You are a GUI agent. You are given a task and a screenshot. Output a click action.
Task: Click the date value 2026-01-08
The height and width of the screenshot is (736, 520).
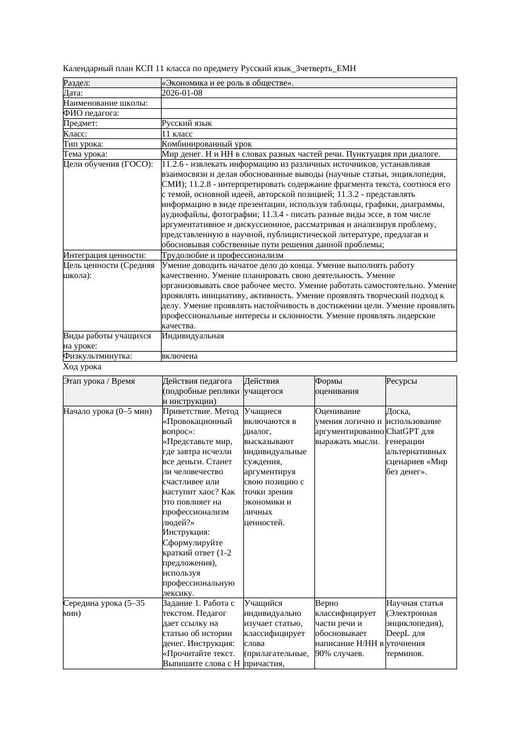click(x=182, y=93)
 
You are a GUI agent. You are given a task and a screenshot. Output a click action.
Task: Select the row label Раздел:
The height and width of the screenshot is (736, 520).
click(x=77, y=83)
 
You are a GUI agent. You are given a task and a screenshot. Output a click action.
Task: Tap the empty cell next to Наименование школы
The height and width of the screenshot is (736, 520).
click(x=308, y=103)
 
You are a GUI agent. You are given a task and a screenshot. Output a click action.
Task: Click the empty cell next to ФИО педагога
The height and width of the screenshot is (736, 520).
click(x=308, y=113)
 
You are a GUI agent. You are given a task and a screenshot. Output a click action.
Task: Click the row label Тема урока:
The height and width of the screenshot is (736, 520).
click(x=86, y=154)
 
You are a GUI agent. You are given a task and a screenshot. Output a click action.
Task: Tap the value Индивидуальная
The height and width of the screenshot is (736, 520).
click(x=192, y=336)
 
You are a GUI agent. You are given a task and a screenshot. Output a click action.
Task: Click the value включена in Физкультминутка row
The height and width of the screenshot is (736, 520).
click(x=179, y=356)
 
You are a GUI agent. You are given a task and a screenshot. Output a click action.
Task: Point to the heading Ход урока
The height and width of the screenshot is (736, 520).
click(x=82, y=367)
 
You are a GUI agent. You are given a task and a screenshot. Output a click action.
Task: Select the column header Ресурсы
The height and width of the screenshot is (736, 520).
click(x=401, y=381)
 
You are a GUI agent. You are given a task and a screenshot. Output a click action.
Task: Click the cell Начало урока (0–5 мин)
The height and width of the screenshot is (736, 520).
click(x=108, y=411)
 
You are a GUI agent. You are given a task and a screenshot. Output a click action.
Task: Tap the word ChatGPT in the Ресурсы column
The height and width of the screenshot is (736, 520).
click(x=402, y=432)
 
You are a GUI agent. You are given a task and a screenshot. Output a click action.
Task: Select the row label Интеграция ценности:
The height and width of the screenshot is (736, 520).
click(x=104, y=255)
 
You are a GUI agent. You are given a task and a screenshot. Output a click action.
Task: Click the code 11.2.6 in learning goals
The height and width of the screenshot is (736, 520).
click(x=173, y=164)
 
